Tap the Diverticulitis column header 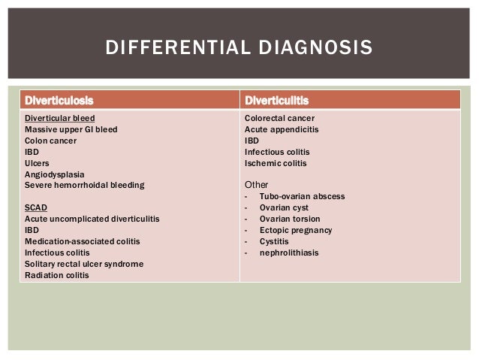[277, 100]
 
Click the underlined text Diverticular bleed [60, 118]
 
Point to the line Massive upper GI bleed [71, 129]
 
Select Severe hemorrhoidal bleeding [84, 185]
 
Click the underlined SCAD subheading [37, 207]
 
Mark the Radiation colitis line [56, 275]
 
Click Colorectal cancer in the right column [279, 118]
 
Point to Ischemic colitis [276, 163]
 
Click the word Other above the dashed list [257, 185]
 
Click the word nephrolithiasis [289, 253]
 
